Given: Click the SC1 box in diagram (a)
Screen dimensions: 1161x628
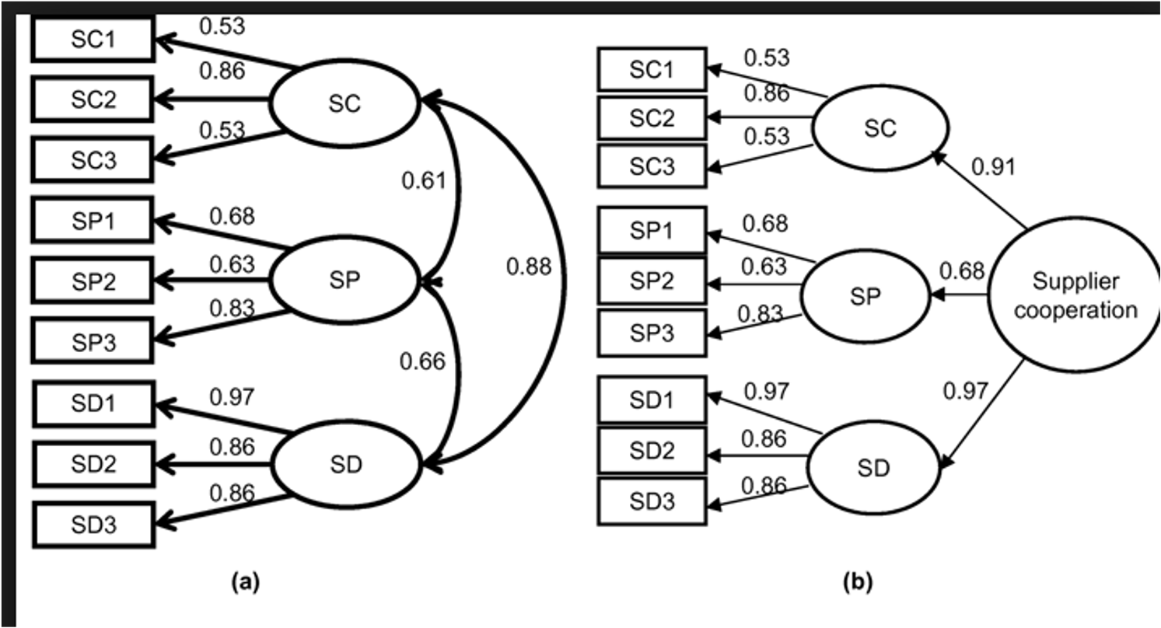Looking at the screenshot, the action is point(93,39).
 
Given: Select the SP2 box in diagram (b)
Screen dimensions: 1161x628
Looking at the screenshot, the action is point(652,281).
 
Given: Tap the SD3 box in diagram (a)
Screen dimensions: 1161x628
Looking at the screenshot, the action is point(94,525).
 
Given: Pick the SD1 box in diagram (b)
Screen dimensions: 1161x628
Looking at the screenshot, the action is point(652,399).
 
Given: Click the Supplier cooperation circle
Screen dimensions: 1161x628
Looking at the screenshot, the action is point(1075,295).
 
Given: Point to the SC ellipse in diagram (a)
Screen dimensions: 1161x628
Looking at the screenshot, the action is point(344,103).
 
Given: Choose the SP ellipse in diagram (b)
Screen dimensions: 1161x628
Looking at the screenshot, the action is point(866,296).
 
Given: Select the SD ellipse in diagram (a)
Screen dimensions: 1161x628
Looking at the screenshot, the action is point(346,464).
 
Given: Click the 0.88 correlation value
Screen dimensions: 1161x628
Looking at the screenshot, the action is point(529,267).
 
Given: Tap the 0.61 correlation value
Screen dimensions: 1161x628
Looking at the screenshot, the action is point(424,180).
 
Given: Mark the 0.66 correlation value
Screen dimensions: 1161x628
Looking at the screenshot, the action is point(422,361).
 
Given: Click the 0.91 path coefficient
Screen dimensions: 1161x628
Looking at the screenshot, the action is point(994,167).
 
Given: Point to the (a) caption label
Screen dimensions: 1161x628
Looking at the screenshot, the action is point(246,581).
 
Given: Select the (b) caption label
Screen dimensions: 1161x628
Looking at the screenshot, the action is point(858,581).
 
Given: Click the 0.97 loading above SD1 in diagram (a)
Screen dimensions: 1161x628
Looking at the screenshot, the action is point(232,397).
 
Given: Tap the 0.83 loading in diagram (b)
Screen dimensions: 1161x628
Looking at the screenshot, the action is point(760,314).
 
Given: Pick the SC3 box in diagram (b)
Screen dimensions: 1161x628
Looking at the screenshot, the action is point(652,166).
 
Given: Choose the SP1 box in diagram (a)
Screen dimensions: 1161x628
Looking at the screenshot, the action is point(93,220).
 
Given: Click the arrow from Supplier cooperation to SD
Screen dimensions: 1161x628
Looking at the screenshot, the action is point(982,415).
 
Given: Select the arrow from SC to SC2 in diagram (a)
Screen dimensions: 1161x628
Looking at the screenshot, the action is point(212,99).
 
